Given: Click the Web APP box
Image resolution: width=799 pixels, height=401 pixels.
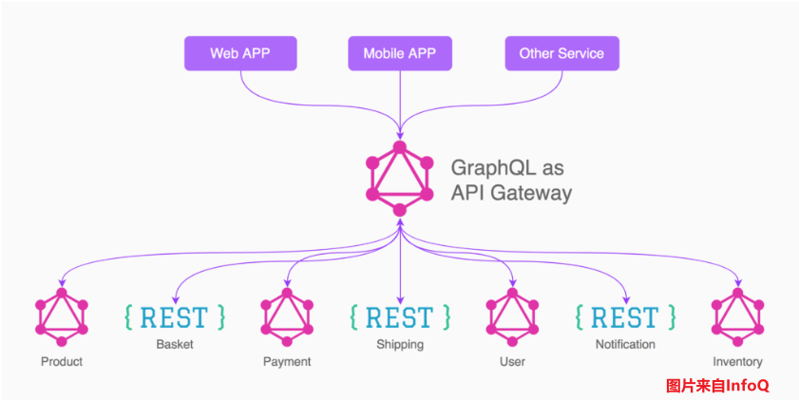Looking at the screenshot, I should click(x=240, y=53).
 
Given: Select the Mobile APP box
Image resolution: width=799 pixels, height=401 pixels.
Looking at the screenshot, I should click(x=399, y=53).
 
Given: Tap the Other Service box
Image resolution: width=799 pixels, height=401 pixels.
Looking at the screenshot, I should click(x=561, y=53).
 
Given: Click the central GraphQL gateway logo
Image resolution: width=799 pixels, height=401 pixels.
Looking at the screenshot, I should click(x=400, y=179).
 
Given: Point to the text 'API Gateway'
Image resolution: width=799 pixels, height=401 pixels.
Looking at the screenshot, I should click(x=510, y=193).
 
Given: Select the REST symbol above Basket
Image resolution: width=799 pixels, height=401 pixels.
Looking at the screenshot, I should click(x=175, y=315).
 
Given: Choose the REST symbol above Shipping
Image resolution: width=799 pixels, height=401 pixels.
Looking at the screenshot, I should click(x=400, y=315).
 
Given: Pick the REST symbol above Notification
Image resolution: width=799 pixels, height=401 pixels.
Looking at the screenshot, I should click(x=625, y=315).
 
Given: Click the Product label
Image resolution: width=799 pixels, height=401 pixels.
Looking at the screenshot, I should click(x=62, y=361).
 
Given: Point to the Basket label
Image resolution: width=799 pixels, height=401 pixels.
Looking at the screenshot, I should click(x=175, y=344).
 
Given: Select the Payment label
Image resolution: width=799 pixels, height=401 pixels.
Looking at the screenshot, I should click(x=287, y=361).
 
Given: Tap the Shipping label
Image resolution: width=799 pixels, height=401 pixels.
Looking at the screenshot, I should click(x=400, y=344).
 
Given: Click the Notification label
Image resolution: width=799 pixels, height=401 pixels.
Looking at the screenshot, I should click(x=625, y=344).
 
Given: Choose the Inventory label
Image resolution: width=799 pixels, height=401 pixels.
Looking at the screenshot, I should click(x=738, y=361).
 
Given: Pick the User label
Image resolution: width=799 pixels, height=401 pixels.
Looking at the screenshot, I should click(x=512, y=361).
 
